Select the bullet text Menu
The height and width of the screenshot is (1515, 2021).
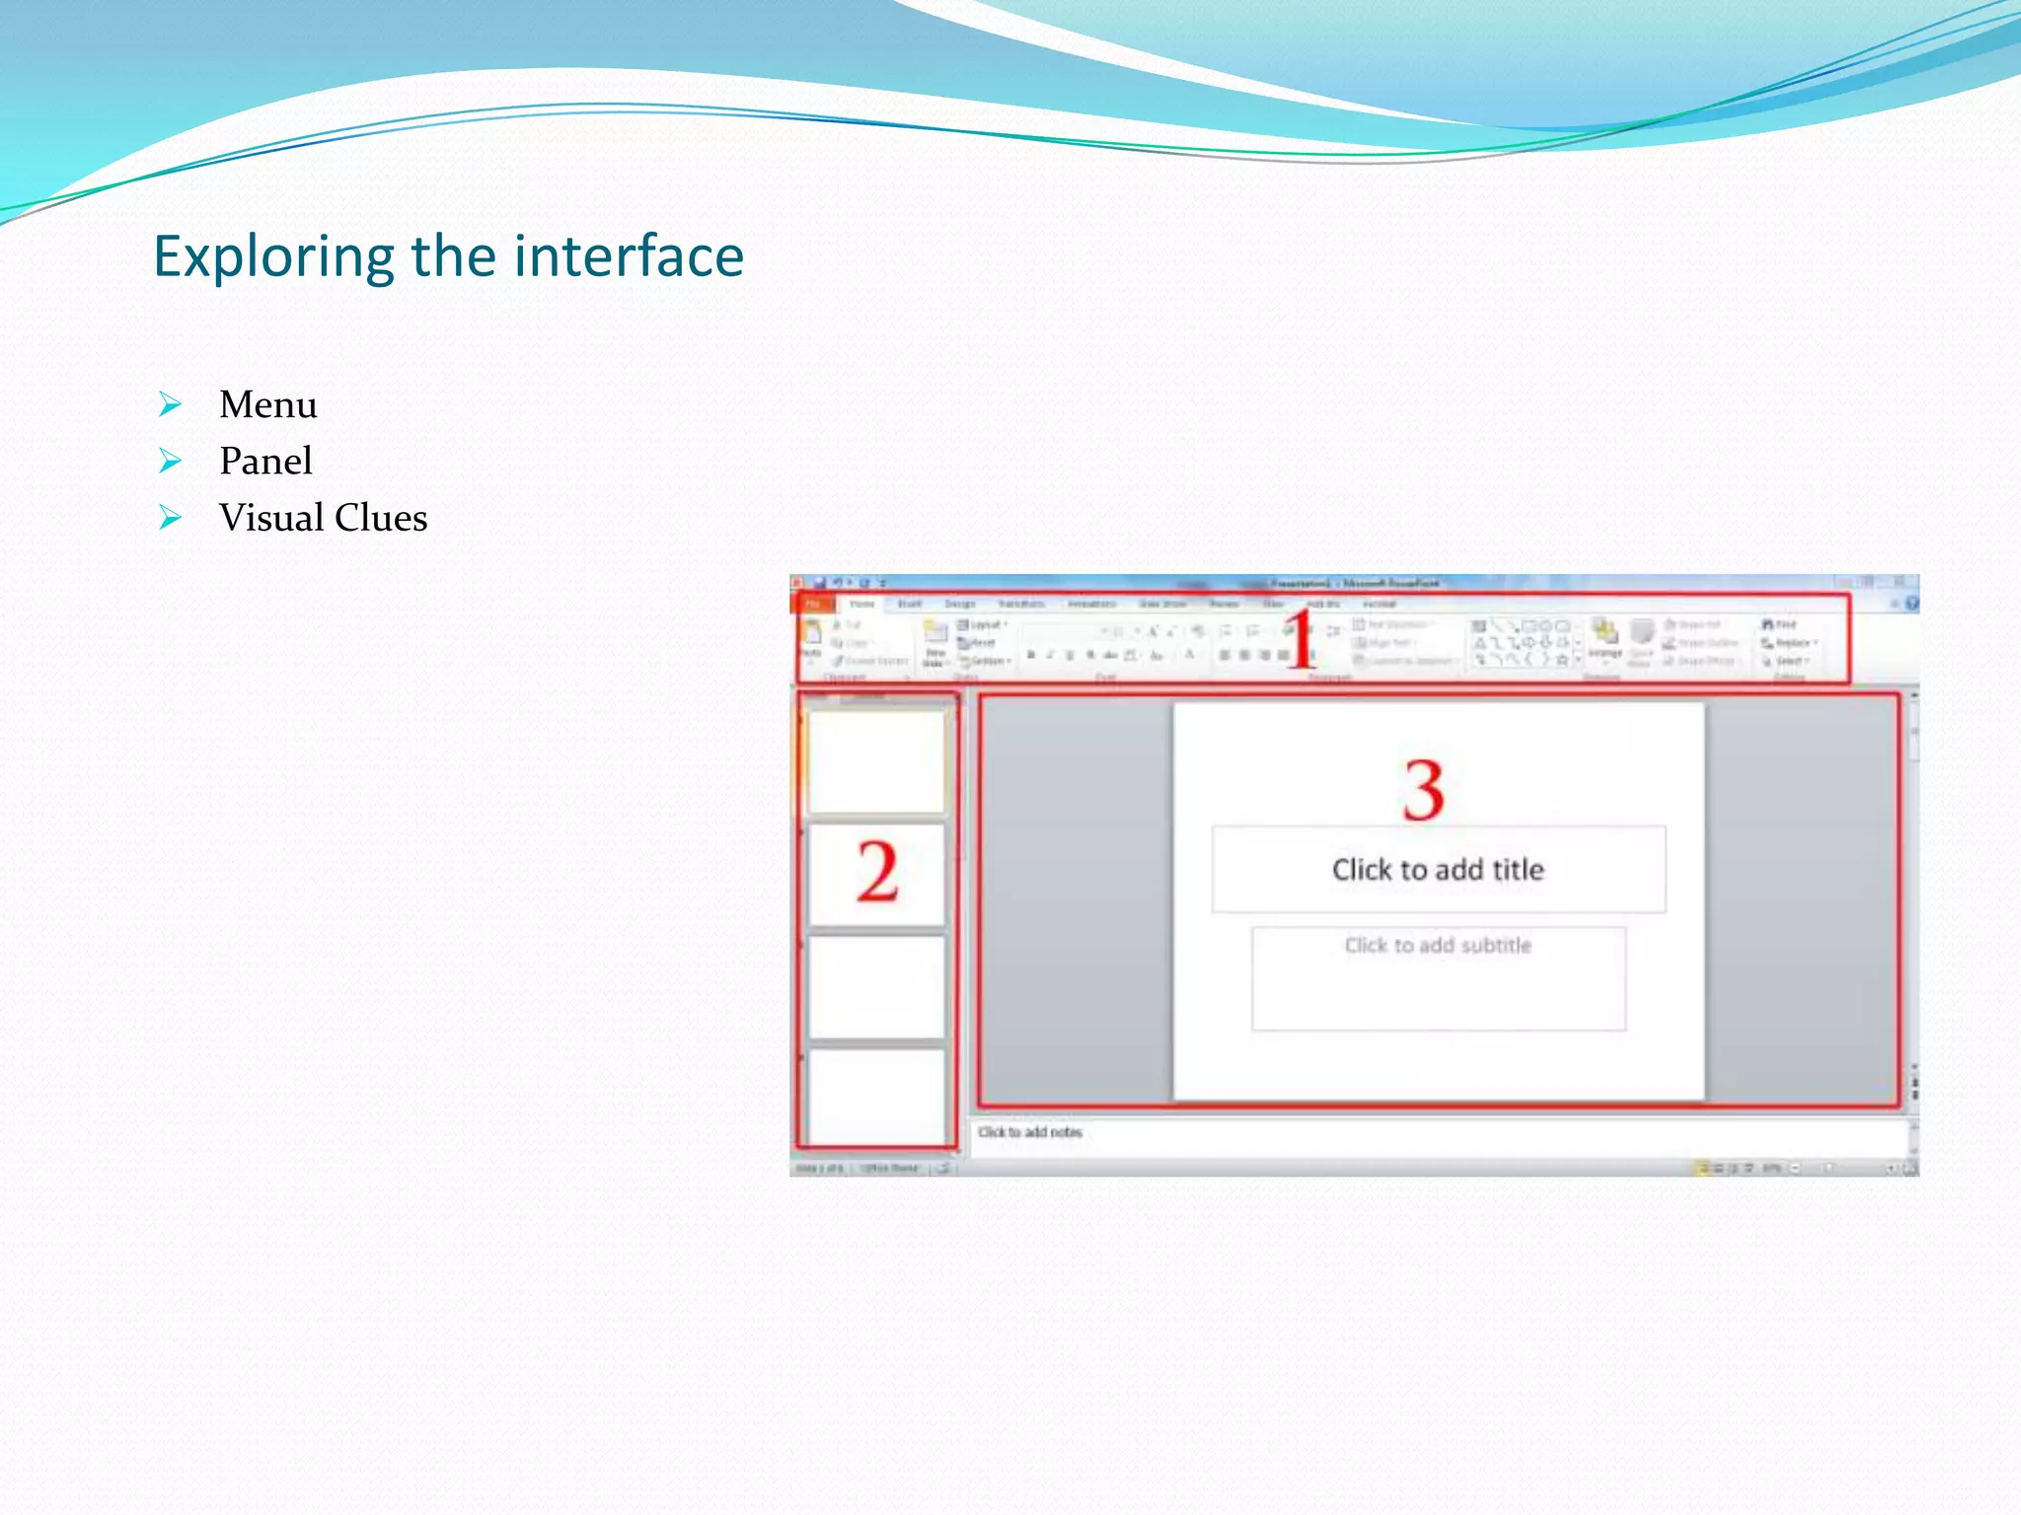(267, 404)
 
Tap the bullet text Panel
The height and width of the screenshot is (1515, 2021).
(265, 461)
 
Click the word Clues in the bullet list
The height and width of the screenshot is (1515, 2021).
(381, 518)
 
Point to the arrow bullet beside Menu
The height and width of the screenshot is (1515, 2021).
(171, 404)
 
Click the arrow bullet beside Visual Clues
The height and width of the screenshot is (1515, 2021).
(171, 518)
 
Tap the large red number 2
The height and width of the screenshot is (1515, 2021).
(876, 872)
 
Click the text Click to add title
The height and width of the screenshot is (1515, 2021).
(1437, 870)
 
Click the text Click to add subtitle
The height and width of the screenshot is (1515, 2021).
(1437, 945)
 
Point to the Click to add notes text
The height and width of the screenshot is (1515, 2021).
(1029, 1132)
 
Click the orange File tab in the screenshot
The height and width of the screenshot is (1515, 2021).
(814, 604)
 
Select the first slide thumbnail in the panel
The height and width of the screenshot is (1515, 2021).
(875, 761)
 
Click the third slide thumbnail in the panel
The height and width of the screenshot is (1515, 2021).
(875, 986)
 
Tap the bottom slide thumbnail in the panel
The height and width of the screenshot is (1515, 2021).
(875, 1095)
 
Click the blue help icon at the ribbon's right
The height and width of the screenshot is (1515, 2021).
(1911, 604)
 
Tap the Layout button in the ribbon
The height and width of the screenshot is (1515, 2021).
(982, 624)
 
